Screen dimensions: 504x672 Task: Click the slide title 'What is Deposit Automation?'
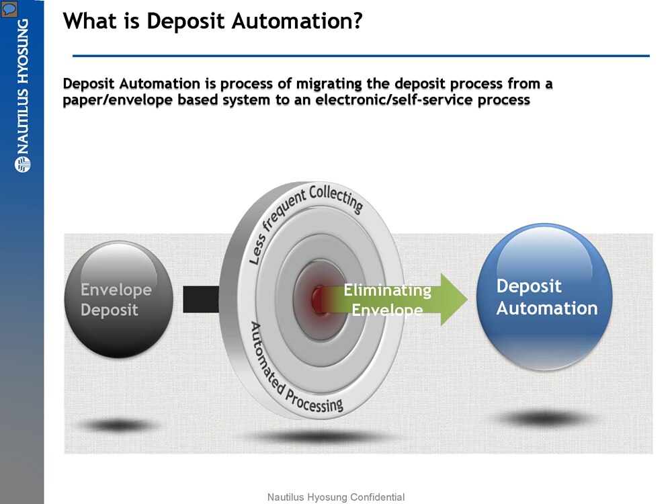click(x=213, y=21)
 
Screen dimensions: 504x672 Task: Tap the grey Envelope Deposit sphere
click(x=118, y=299)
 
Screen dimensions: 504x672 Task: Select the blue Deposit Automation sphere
click(x=544, y=297)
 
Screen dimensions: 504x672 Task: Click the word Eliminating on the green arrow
click(x=387, y=290)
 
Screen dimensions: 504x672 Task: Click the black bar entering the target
click(x=201, y=299)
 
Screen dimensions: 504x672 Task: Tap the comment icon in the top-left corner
click(x=9, y=9)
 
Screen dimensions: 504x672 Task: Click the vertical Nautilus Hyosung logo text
click(x=22, y=87)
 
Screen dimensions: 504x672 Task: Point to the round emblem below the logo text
click(x=22, y=164)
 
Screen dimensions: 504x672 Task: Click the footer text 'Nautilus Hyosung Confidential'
click(x=336, y=497)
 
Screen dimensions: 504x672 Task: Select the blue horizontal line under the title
click(x=361, y=56)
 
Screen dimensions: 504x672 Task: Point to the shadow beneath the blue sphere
click(x=546, y=419)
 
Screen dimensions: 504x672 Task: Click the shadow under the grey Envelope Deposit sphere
click(x=118, y=425)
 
